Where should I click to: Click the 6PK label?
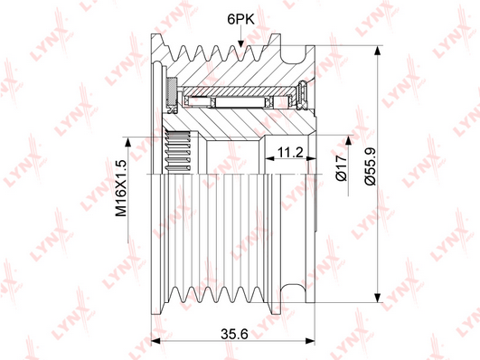click(x=241, y=19)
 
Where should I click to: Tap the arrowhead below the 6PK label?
click(x=241, y=43)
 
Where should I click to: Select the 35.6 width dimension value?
click(x=234, y=334)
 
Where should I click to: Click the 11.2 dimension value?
click(x=290, y=152)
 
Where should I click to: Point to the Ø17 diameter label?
click(x=342, y=168)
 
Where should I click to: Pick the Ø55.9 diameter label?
click(x=370, y=166)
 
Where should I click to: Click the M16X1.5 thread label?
click(x=121, y=188)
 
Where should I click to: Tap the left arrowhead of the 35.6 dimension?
click(x=156, y=341)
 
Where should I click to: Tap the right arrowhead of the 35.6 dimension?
click(x=310, y=341)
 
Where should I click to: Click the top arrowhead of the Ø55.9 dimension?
click(x=379, y=51)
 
